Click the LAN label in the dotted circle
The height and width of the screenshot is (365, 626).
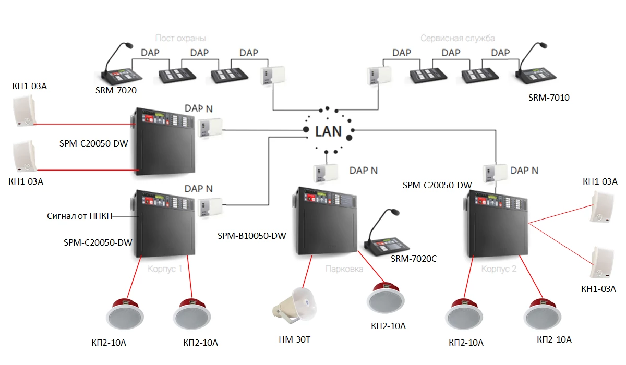[x=328, y=131]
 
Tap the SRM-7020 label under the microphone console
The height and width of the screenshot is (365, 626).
[x=116, y=91]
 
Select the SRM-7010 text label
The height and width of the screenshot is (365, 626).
[x=548, y=97]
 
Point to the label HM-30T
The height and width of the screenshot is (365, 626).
[x=295, y=340]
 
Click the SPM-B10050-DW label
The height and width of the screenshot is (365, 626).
[x=251, y=236]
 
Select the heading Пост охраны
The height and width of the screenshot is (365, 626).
[x=180, y=38]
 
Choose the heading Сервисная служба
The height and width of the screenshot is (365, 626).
[x=458, y=38]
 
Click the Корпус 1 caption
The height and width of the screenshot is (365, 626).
[x=165, y=269]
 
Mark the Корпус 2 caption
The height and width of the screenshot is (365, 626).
[x=499, y=269]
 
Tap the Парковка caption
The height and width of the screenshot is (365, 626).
[x=344, y=269]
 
